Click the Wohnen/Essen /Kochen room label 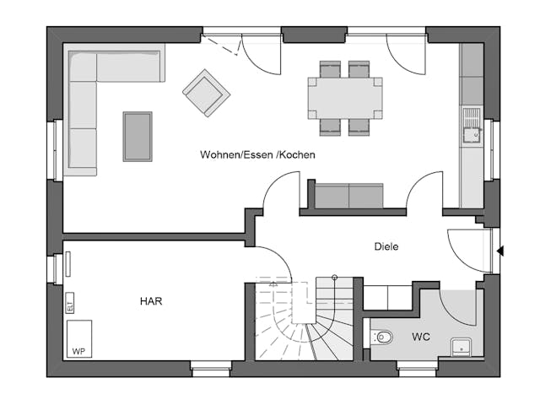(x=257, y=155)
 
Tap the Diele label (x=386, y=247)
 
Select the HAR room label (x=152, y=300)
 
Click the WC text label (x=421, y=337)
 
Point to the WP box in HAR (x=79, y=339)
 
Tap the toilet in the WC (x=383, y=337)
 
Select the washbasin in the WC (x=462, y=344)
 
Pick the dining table (x=344, y=97)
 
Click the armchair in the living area (x=206, y=93)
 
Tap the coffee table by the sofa (x=138, y=136)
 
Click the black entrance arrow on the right (x=501, y=251)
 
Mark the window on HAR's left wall (x=57, y=267)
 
